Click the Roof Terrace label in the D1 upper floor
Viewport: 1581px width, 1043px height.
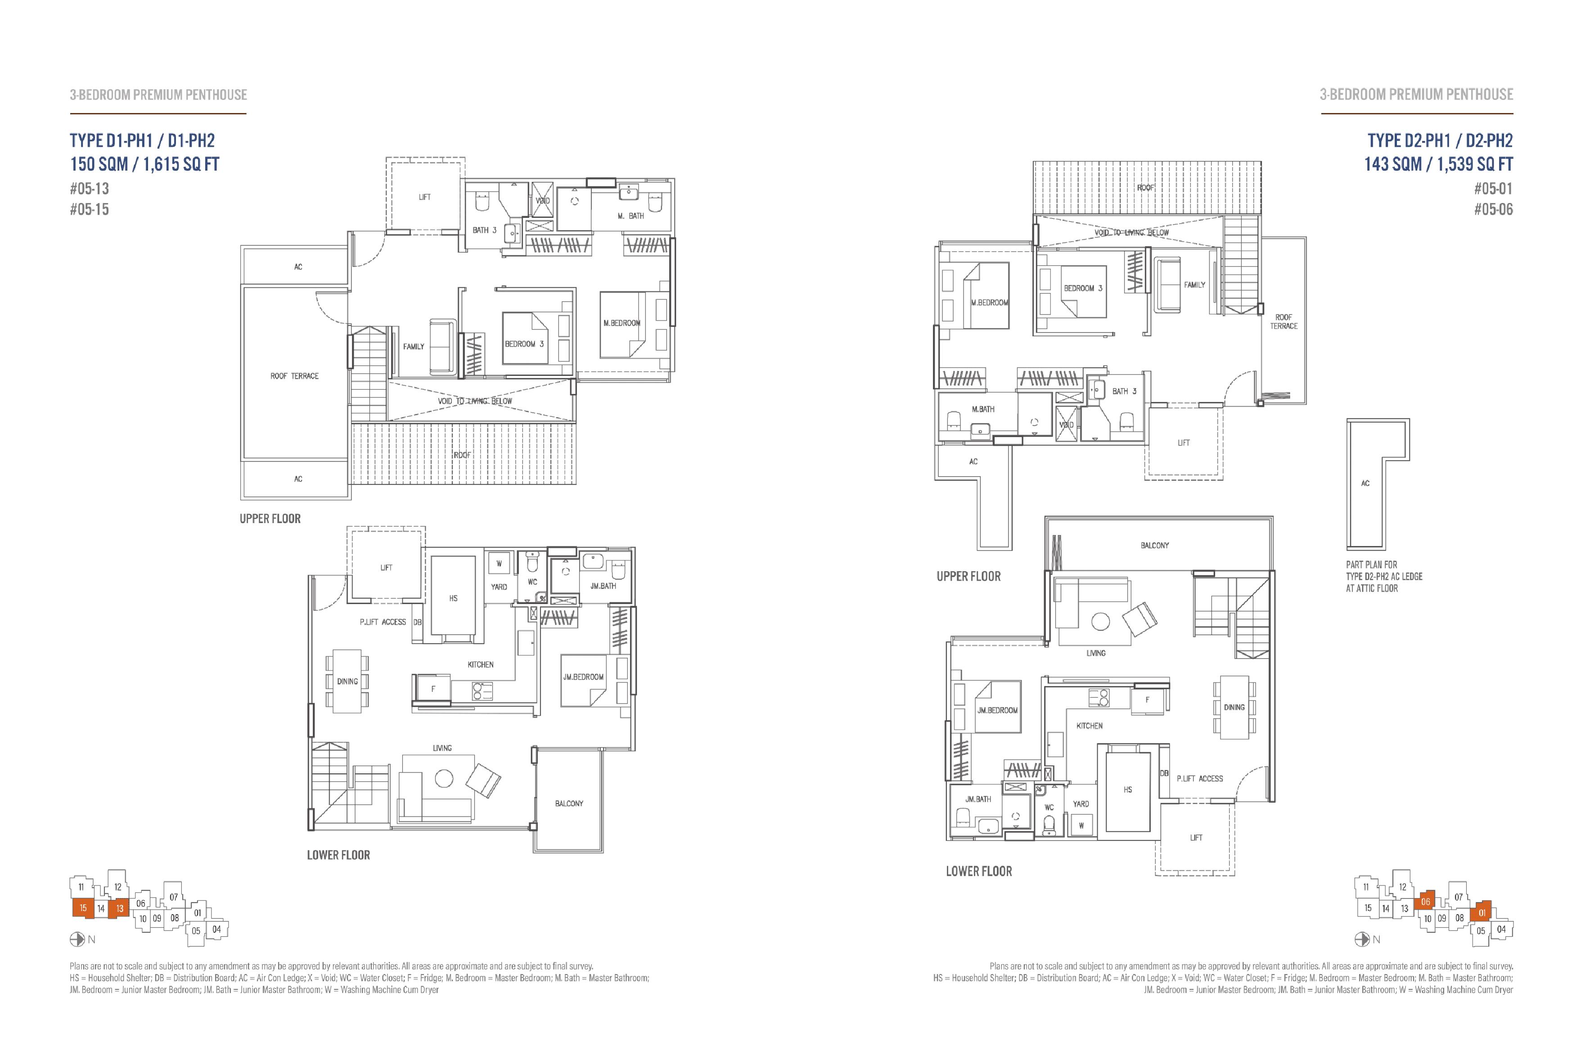tap(294, 376)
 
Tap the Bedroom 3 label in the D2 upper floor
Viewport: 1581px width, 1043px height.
tap(1083, 288)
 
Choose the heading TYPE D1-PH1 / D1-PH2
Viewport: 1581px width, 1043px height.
tap(142, 140)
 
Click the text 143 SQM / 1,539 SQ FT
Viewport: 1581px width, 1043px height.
tap(1439, 164)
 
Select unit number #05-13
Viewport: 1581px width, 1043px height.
tap(89, 188)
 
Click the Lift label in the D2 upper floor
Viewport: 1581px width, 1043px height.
tap(1184, 442)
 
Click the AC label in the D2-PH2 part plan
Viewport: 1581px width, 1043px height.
tap(1365, 483)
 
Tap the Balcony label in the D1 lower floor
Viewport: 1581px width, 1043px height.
tap(569, 804)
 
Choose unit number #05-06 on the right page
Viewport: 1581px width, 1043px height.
tap(1493, 209)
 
